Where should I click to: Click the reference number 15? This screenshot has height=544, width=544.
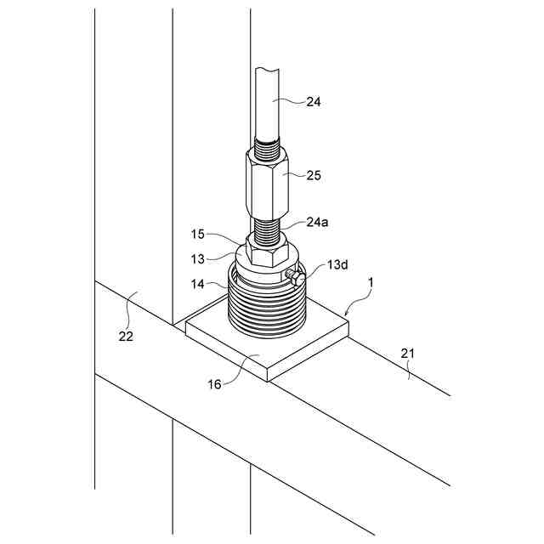tap(196, 232)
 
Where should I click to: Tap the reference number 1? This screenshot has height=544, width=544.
tap(371, 280)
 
